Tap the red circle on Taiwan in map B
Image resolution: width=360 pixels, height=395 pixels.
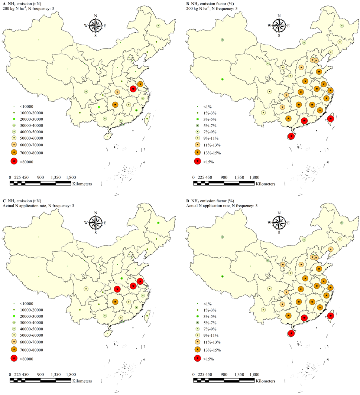coord(331,119)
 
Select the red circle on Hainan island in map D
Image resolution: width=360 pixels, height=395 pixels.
coord(292,333)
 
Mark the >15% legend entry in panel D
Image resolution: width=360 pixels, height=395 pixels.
coord(208,359)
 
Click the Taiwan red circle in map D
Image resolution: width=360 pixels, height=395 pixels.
coord(331,316)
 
